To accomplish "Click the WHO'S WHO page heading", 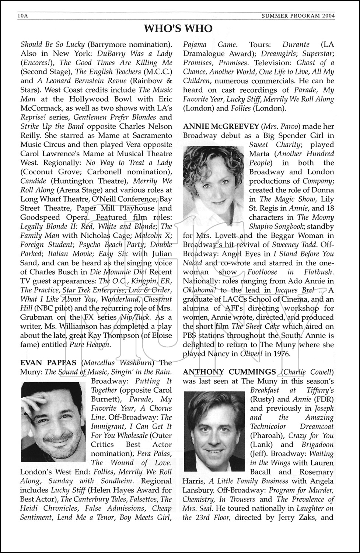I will coord(178,28).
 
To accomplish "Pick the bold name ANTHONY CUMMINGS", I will coord(229,372).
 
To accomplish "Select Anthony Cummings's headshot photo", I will coord(214,431).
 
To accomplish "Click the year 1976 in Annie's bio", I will coord(281,354).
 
